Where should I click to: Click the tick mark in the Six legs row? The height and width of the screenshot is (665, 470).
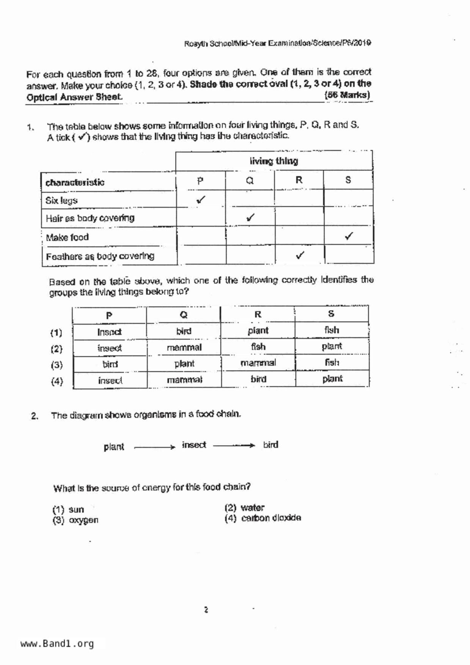point(201,199)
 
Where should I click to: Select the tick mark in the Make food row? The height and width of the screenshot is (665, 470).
point(349,236)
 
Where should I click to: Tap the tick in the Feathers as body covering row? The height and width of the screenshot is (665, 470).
point(300,256)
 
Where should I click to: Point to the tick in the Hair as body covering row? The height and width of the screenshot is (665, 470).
point(250,218)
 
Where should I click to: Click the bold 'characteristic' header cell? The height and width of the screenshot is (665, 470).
point(75,182)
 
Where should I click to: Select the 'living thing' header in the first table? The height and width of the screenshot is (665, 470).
point(274,161)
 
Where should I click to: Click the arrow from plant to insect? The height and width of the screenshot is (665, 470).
point(154,447)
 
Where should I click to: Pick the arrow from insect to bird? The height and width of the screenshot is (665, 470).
point(234,446)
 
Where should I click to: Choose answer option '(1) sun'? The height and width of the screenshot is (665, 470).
point(68,509)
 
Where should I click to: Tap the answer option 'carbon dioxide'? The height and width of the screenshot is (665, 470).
point(270,518)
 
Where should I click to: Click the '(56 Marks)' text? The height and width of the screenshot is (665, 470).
point(347,95)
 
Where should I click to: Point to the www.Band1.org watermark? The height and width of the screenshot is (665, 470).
point(57,643)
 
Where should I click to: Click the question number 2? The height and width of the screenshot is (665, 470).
point(35,416)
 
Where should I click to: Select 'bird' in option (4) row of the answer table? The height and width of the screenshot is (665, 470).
point(258,379)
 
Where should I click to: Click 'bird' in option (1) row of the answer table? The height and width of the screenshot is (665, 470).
point(184,331)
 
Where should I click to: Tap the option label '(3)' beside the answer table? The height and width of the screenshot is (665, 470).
point(57,365)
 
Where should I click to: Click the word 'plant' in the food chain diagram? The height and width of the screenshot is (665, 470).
point(114,447)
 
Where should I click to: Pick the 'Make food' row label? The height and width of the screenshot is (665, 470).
point(67,237)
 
